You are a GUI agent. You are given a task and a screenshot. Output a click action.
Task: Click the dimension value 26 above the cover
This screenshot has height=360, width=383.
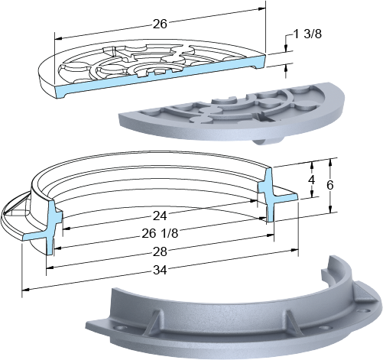click(160, 24)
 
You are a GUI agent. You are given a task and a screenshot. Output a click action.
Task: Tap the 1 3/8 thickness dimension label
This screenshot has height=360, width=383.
click(307, 34)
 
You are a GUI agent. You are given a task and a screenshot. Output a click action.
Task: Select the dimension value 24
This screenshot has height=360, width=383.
click(160, 216)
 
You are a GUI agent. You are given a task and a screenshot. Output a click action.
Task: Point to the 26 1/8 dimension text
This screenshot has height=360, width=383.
click(160, 233)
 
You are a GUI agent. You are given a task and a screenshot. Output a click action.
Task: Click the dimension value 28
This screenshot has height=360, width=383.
click(160, 251)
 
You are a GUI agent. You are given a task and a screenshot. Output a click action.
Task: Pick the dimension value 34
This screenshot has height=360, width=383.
click(160, 270)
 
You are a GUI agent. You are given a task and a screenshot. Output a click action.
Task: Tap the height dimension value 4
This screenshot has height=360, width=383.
click(311, 180)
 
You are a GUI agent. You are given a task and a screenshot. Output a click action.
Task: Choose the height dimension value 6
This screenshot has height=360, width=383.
click(330, 185)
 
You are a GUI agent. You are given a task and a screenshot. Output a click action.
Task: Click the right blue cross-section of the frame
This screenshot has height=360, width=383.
click(274, 194)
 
